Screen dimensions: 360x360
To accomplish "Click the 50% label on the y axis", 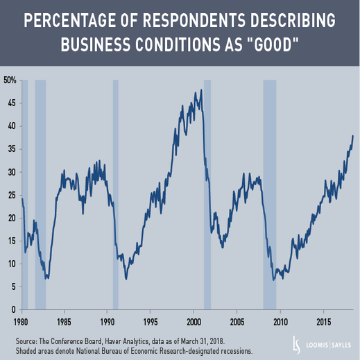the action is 10,80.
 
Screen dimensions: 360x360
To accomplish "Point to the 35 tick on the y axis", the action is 12,149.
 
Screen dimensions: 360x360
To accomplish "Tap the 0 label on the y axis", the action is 14,309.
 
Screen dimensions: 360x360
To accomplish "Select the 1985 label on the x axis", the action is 64,322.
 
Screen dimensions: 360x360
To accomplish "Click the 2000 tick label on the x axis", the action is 194,322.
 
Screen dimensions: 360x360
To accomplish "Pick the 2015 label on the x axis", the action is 324,322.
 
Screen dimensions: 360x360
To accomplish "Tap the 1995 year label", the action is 151,322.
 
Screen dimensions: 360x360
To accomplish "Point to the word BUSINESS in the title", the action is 96,44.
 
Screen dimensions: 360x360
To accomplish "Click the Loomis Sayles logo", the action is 322,345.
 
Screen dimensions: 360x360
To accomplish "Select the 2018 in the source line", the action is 216,341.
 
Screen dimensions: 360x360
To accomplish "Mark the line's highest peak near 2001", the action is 201,89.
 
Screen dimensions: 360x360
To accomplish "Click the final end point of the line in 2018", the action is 353,136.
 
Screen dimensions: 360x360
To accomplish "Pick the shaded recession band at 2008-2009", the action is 270,195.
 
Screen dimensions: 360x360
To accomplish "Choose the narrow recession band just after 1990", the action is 115,195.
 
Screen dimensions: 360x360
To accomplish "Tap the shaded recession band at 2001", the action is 207,195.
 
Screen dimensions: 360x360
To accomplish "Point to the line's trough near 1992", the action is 126,279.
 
